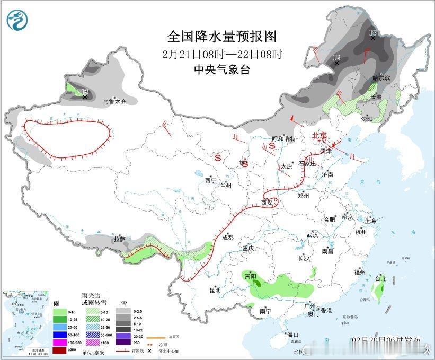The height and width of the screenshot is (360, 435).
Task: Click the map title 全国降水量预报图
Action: pyautogui.click(x=223, y=36)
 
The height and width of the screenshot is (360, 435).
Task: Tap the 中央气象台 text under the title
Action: pyautogui.click(x=222, y=69)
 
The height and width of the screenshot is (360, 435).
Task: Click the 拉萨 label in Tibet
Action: pyautogui.click(x=119, y=239)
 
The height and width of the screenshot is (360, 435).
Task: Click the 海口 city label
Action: pyautogui.click(x=293, y=335)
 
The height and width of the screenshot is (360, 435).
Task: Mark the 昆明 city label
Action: pyautogui.click(x=215, y=290)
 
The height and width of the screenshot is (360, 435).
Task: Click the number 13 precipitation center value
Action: pyautogui.click(x=372, y=32)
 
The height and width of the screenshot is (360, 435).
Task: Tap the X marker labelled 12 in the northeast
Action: pyautogui.click(x=336, y=63)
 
